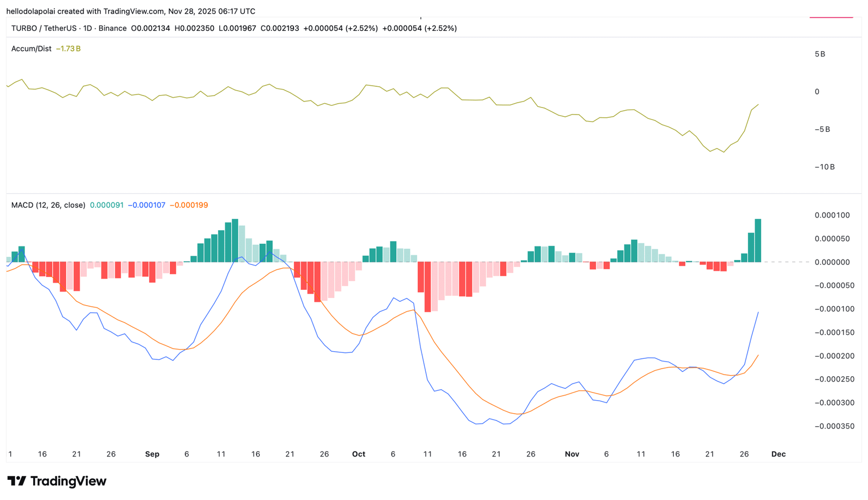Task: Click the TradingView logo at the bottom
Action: [x=56, y=481]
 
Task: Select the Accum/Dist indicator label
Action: [x=31, y=48]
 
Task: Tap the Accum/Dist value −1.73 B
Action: [x=68, y=48]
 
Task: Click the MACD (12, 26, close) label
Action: [x=48, y=205]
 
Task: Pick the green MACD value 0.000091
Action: [x=106, y=205]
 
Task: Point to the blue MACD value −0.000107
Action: [x=146, y=205]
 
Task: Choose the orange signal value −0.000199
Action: [x=189, y=205]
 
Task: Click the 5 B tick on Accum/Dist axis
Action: [x=820, y=54]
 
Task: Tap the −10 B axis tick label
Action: [x=825, y=167]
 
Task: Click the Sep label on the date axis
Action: [x=152, y=454]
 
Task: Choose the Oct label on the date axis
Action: [x=359, y=454]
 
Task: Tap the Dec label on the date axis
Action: [x=778, y=454]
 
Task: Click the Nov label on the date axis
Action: [x=572, y=454]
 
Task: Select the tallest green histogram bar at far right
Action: [x=758, y=240]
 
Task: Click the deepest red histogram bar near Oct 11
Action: [x=427, y=287]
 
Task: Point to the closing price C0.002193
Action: [x=280, y=28]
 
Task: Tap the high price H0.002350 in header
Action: [x=194, y=28]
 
